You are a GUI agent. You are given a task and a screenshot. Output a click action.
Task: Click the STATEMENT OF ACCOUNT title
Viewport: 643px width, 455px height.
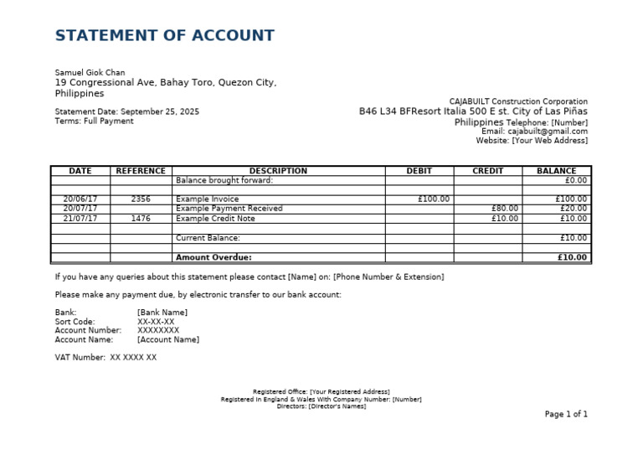(164, 35)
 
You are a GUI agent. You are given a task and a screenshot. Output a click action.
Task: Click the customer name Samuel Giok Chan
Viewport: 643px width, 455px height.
(90, 72)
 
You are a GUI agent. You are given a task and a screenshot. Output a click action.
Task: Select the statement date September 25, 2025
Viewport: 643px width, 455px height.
(160, 111)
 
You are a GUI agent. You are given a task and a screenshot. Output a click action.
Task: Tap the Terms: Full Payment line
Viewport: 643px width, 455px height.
(94, 122)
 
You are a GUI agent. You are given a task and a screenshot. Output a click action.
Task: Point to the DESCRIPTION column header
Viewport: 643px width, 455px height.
(278, 171)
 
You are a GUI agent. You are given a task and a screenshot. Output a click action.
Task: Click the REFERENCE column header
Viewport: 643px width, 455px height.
(141, 171)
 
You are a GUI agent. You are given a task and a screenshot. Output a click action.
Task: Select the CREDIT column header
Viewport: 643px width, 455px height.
(488, 171)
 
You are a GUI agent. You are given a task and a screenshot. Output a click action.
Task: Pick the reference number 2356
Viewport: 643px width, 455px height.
(141, 199)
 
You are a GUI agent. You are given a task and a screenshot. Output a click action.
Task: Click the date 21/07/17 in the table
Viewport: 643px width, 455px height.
(80, 219)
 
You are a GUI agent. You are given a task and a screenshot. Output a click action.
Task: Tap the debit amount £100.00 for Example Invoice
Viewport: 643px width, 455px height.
(434, 199)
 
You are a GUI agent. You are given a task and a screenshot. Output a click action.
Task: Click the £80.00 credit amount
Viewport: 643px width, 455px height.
(505, 209)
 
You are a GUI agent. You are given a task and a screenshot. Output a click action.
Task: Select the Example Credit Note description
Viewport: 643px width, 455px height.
(215, 219)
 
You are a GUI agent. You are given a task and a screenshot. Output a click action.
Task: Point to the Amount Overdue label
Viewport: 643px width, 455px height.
(213, 258)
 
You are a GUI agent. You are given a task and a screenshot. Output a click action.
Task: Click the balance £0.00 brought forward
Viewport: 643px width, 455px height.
(576, 180)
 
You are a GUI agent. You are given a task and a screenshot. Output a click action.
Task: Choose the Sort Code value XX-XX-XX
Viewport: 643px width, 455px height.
(156, 322)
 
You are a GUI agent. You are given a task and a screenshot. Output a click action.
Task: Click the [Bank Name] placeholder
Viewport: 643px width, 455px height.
(162, 313)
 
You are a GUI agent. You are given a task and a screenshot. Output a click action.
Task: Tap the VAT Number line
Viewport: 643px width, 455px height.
(105, 358)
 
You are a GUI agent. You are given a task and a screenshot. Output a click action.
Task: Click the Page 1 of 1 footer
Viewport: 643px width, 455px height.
(566, 414)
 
